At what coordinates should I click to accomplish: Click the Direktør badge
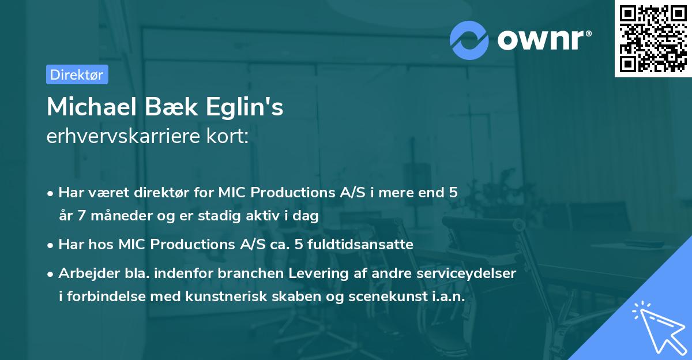click(x=77, y=74)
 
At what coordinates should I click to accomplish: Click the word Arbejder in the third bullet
click(x=84, y=273)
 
